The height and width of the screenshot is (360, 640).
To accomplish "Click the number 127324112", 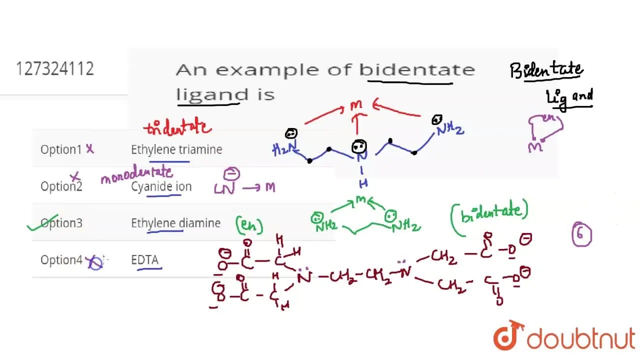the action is [55, 68].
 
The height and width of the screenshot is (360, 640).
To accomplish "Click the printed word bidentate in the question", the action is [417, 69].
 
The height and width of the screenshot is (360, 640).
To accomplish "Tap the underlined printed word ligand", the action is [212, 94].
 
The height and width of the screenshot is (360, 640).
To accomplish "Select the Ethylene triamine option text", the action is [176, 149].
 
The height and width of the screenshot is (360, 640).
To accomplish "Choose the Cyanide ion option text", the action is [161, 186].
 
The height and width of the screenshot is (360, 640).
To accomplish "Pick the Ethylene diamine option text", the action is [175, 223].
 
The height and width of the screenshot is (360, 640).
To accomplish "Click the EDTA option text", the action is [145, 260].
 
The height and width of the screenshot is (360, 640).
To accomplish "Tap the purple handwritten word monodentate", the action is [136, 174].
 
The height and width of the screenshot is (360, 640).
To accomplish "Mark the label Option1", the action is [61, 149].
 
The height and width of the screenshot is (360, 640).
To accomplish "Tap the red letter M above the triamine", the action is [356, 105].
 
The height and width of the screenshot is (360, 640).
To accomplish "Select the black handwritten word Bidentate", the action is [546, 70].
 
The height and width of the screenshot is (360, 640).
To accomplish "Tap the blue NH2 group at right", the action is [450, 130].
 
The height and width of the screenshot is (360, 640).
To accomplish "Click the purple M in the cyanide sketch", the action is [270, 187].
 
